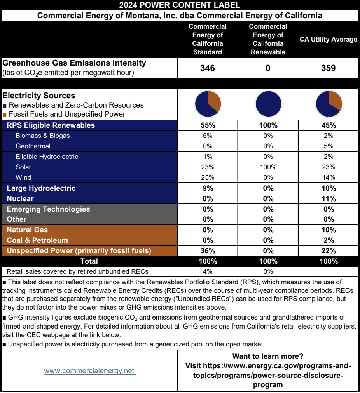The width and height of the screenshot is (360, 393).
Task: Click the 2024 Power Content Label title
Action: (180, 5)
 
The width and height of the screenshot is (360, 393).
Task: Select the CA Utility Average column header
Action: (328, 40)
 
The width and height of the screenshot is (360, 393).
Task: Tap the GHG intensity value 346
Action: (208, 68)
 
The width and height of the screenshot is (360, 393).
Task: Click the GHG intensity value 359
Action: (329, 68)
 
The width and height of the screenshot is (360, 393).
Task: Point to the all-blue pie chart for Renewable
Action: (268, 104)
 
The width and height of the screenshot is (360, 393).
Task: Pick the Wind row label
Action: (23, 177)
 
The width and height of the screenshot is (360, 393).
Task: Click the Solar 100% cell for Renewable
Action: (268, 167)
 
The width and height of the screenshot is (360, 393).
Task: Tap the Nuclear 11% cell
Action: (329, 198)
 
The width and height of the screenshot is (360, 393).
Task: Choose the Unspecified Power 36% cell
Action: (208, 251)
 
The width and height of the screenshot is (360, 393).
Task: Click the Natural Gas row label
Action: (27, 230)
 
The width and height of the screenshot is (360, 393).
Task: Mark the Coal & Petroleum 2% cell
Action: (329, 240)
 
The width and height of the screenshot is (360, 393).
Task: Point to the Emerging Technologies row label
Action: (48, 209)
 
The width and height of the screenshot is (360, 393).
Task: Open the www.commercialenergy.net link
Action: (90, 371)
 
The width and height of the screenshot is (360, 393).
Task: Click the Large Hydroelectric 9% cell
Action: (208, 188)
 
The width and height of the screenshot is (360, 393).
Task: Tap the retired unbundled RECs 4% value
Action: (208, 271)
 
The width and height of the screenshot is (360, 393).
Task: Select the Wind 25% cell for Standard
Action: (208, 177)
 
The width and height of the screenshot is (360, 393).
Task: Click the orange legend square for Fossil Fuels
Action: (4, 115)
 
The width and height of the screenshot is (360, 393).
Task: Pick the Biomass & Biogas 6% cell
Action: (208, 136)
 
